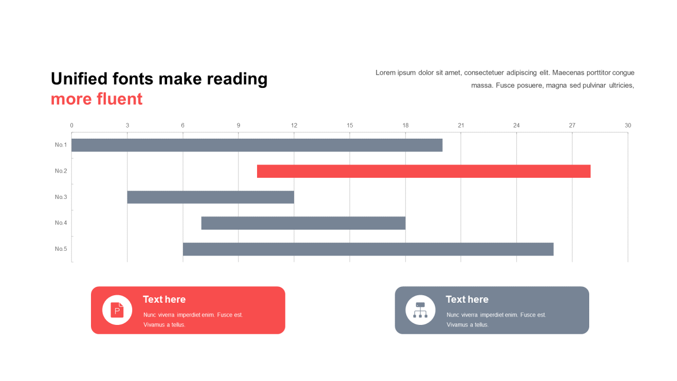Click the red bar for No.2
click(424, 171)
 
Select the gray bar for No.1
click(257, 145)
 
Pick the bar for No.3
click(211, 197)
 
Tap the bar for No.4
click(304, 223)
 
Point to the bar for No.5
click(368, 249)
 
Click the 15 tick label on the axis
click(350, 125)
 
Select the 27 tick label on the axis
click(572, 125)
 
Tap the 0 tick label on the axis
click(71, 125)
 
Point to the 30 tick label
click(628, 125)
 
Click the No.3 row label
click(61, 197)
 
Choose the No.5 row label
click(61, 249)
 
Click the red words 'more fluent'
click(97, 99)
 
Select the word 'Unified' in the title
click(79, 79)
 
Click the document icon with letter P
click(117, 310)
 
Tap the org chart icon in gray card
click(420, 310)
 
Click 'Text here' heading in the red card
click(164, 300)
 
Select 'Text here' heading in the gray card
click(467, 300)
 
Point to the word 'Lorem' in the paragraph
click(386, 72)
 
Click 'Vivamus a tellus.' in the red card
click(164, 325)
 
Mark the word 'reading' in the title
click(237, 79)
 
